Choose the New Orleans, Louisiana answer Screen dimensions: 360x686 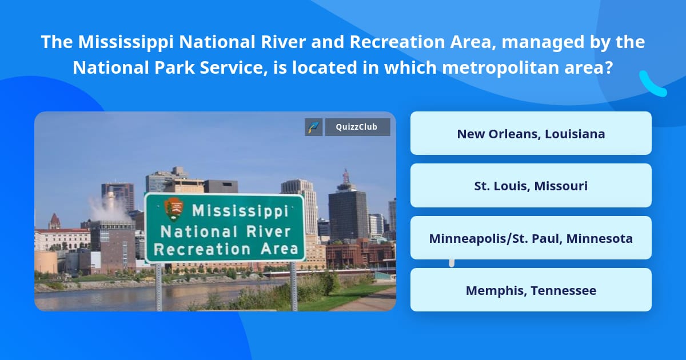(x=531, y=134)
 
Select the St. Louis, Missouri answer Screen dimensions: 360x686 (x=531, y=186)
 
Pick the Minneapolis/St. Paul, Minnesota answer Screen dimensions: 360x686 (x=531, y=238)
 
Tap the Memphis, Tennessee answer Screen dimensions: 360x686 (x=531, y=290)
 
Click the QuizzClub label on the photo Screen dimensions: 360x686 (x=357, y=127)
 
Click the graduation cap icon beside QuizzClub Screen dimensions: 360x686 (x=314, y=127)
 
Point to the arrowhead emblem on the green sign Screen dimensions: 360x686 (x=173, y=210)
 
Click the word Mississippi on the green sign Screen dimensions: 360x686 (x=240, y=211)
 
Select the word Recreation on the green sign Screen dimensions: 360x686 (x=202, y=249)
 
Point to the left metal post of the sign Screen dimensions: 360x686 (x=159, y=286)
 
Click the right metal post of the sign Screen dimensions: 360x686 (x=294, y=286)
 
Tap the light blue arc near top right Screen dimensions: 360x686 (x=652, y=85)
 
